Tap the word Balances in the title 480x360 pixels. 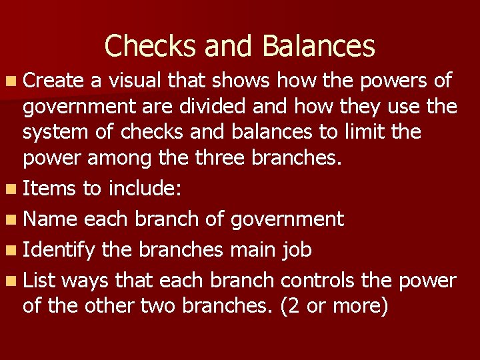pyautogui.click(x=319, y=46)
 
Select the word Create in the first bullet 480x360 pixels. pyautogui.click(x=53, y=81)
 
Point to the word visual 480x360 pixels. pyautogui.click(x=136, y=81)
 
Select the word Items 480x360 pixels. pyautogui.click(x=49, y=188)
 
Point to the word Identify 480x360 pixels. pyautogui.click(x=61, y=249)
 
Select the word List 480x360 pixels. pyautogui.click(x=38, y=280)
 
